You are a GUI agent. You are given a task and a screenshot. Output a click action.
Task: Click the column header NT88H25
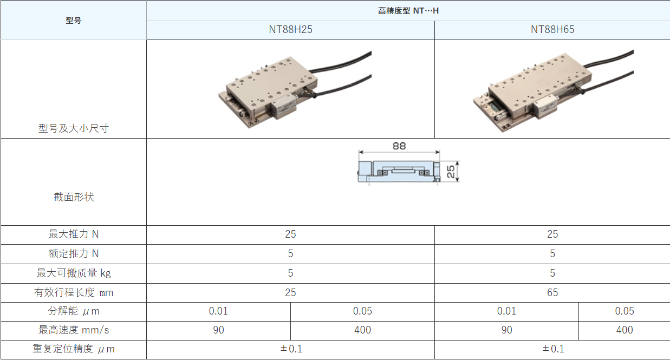point(290,30)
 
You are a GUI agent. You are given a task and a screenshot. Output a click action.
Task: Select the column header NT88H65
point(552,30)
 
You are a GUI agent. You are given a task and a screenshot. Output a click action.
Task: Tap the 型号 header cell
point(73,21)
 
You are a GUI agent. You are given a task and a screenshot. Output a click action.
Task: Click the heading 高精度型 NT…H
point(408,10)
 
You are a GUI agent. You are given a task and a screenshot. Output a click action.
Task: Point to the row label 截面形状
point(73,197)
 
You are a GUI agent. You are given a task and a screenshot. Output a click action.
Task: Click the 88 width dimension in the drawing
point(399,146)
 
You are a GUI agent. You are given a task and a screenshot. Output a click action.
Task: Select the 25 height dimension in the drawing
point(451,172)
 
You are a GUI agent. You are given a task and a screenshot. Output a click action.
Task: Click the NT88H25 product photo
point(295,89)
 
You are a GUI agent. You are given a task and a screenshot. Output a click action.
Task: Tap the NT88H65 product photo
point(552,89)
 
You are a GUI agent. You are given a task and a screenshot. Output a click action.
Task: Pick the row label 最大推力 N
point(73,234)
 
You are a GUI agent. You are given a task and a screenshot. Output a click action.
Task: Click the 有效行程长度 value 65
point(552,292)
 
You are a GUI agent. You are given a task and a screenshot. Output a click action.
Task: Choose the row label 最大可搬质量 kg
point(73,273)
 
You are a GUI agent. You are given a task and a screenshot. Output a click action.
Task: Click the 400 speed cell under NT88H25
point(362,330)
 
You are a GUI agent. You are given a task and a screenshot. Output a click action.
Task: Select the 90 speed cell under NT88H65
point(506,330)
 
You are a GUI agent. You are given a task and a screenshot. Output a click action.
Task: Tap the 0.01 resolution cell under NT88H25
point(218,311)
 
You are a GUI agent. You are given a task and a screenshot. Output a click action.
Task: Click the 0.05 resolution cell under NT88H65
point(624,311)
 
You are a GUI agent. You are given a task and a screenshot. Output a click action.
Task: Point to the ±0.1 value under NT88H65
point(552,349)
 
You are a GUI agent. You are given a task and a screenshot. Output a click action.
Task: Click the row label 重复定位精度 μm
point(73,349)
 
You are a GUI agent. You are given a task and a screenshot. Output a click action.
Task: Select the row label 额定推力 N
point(73,254)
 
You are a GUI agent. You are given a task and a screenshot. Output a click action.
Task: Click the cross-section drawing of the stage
point(398,172)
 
